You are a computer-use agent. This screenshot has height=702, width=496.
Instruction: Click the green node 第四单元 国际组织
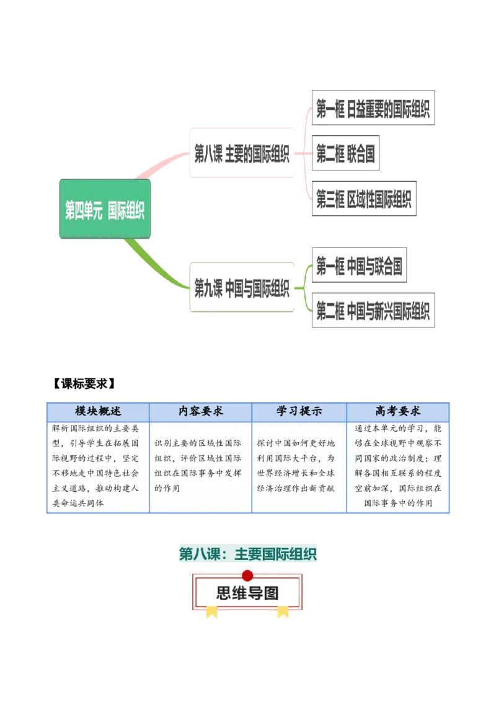(104, 209)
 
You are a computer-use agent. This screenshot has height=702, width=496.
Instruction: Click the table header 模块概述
(98, 411)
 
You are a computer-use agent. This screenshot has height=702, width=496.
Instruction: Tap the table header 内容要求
(200, 411)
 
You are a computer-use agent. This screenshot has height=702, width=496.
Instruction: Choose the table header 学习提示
(299, 411)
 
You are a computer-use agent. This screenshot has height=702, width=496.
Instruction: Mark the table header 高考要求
(397, 411)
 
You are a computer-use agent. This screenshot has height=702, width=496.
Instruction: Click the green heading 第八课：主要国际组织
(248, 554)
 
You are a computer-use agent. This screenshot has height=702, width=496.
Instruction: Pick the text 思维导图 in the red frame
(247, 593)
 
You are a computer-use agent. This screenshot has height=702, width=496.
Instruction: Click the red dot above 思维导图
(247, 575)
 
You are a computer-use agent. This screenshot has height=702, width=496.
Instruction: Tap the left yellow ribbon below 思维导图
(212, 612)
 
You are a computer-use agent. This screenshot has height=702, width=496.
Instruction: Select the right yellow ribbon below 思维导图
(283, 612)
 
